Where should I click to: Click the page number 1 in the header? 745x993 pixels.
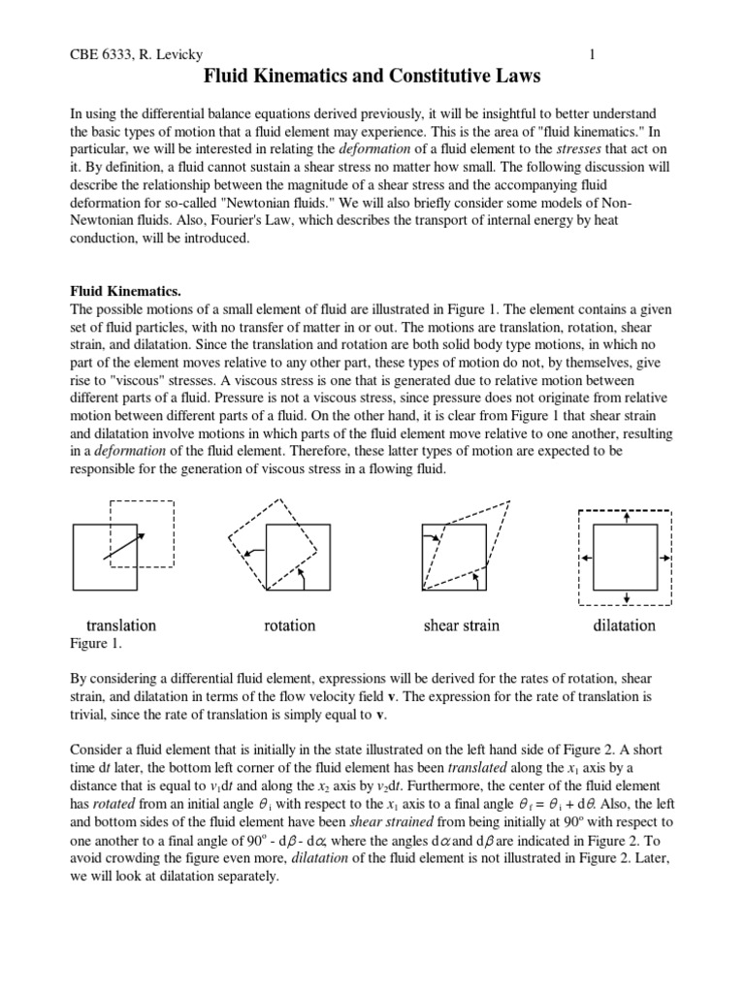pyautogui.click(x=592, y=54)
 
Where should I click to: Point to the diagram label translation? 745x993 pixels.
pyautogui.click(x=121, y=625)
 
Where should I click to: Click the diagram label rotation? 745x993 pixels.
pyautogui.click(x=289, y=625)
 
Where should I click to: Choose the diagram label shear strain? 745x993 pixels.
pyautogui.click(x=462, y=625)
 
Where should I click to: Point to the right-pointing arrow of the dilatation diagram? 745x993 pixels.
pyautogui.click(x=664, y=558)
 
